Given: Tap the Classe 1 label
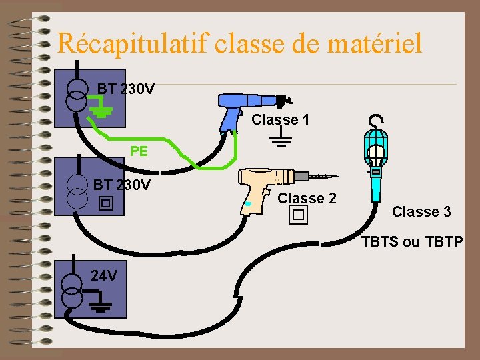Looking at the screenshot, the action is [280, 120].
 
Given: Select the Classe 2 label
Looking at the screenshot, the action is [307, 198].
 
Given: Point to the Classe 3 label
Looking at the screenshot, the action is [421, 212].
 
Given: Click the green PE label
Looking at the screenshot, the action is [139, 151].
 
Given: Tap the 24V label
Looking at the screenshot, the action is [104, 275].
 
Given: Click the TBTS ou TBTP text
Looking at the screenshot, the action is [411, 242].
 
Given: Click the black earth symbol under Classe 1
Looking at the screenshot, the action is [281, 139].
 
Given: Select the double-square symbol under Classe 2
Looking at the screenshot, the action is [297, 215].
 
